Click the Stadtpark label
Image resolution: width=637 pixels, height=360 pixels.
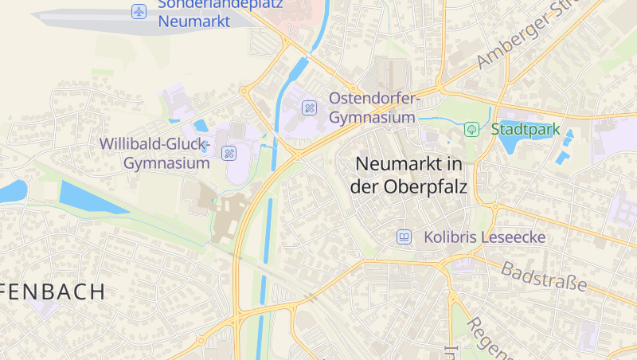pyautogui.click(x=526, y=129)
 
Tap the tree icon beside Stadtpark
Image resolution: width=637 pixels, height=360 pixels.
pyautogui.click(x=471, y=128)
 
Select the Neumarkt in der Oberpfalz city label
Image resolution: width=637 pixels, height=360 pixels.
pyautogui.click(x=409, y=175)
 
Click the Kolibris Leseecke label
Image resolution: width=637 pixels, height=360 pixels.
pyautogui.click(x=484, y=237)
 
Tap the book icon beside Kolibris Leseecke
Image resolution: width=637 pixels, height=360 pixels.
pyautogui.click(x=404, y=237)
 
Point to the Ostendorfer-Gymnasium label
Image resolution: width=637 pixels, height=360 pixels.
pyautogui.click(x=373, y=108)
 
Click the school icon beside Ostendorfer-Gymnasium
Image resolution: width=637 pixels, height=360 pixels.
pyautogui.click(x=310, y=108)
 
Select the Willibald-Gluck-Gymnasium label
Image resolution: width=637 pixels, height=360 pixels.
pyautogui.click(x=154, y=154)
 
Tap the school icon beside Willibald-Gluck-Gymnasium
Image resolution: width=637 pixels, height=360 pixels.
pyautogui.click(x=229, y=153)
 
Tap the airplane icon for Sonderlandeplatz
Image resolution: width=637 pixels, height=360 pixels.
pyautogui.click(x=139, y=12)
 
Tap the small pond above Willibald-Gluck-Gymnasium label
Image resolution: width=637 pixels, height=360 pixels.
pyautogui.click(x=200, y=125)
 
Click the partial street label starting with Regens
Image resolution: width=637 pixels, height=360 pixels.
pyautogui.click(x=485, y=338)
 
